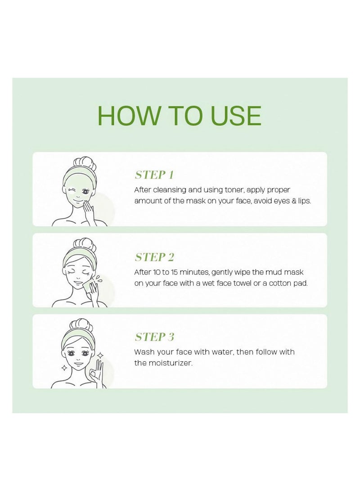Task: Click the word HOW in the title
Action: (x=128, y=116)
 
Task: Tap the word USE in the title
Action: (x=236, y=116)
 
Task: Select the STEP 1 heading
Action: (x=154, y=175)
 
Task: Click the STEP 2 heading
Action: (x=154, y=257)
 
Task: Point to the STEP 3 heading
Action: (x=154, y=337)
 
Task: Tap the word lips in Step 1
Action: (x=304, y=201)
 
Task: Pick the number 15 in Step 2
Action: (x=175, y=272)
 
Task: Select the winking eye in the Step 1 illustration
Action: (x=72, y=191)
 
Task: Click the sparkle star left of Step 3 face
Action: (x=64, y=368)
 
